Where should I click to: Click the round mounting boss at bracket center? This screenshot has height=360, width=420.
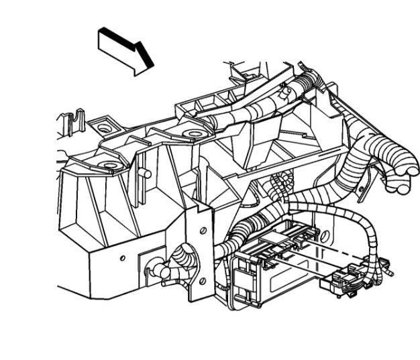pyautogui.click(x=193, y=133)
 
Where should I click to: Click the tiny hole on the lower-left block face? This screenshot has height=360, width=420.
pyautogui.click(x=121, y=257)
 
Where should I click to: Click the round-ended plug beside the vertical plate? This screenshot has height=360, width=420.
pyautogui.click(x=155, y=272)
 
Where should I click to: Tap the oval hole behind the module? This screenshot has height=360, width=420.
pyautogui.click(x=326, y=237)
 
